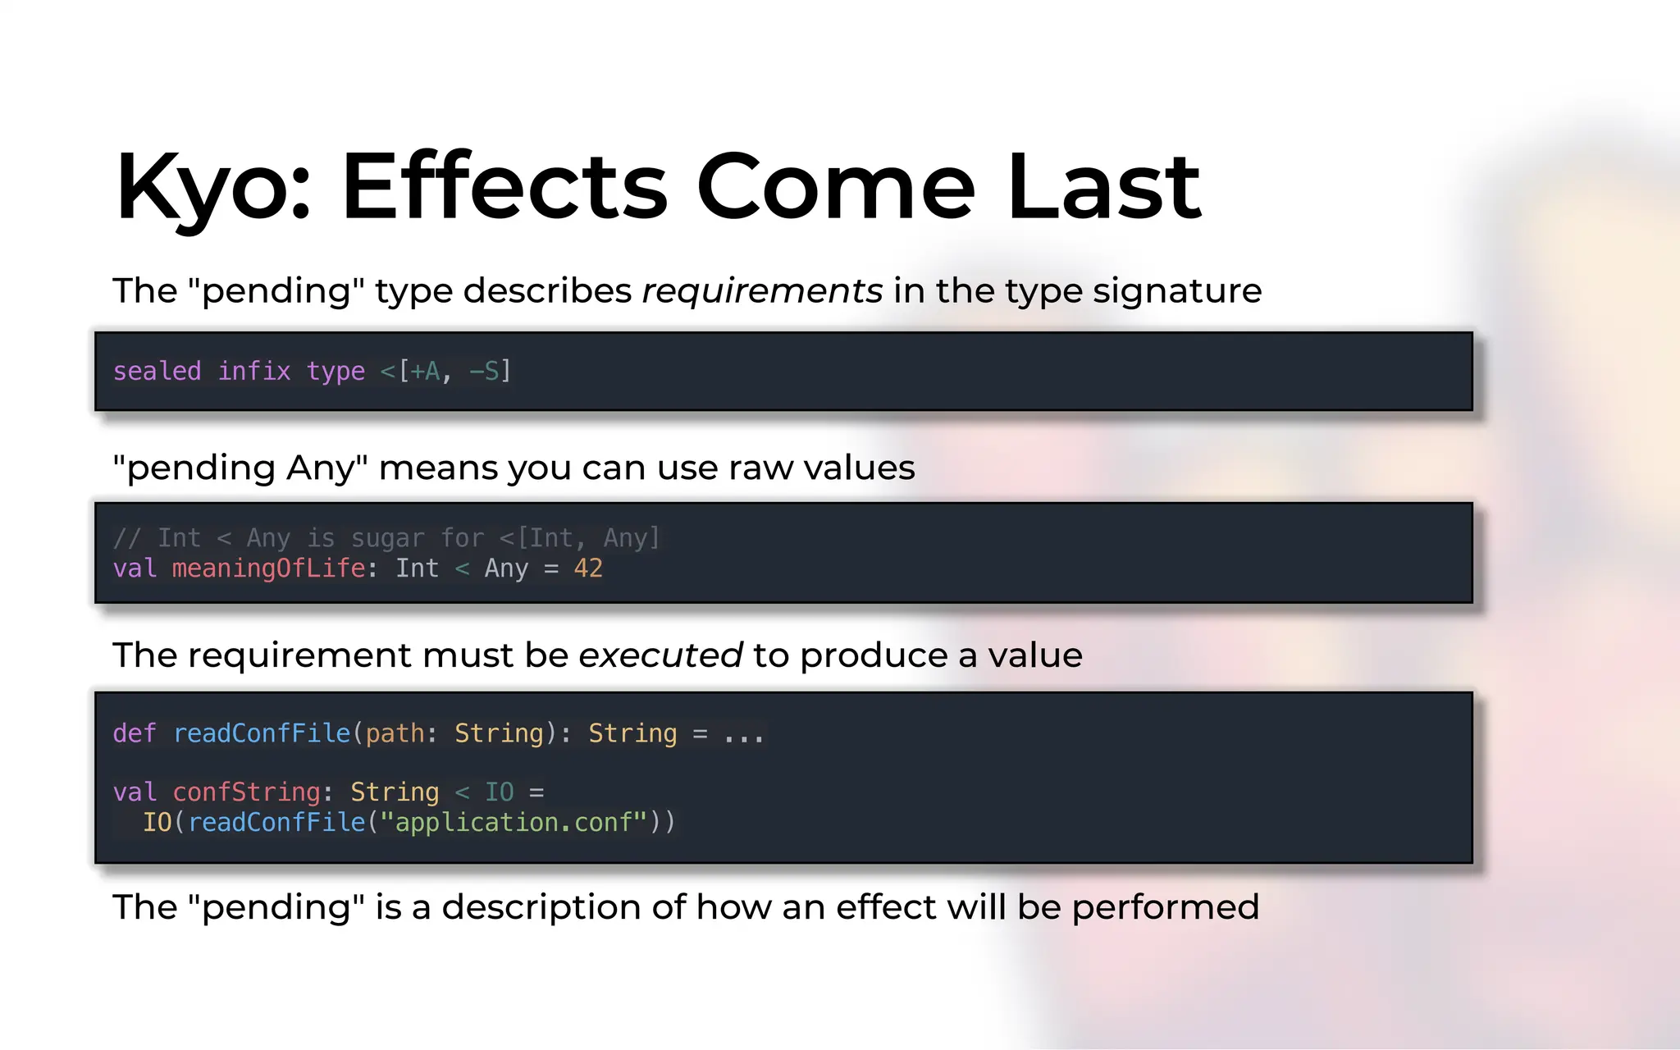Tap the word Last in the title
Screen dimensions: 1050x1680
pos(1103,187)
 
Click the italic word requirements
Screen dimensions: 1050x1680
pos(762,290)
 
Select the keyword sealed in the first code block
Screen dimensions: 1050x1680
pos(157,371)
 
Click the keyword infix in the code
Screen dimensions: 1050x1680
pos(254,371)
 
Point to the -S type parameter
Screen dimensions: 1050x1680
pos(484,371)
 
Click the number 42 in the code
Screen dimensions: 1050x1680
pos(588,568)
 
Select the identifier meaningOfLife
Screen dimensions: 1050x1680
pos(268,568)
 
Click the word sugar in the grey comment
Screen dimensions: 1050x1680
pos(387,538)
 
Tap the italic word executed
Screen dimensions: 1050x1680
pos(660,655)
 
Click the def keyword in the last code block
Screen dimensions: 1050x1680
pos(134,733)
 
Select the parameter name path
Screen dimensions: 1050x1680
pos(395,733)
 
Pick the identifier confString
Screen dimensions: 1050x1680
pos(246,792)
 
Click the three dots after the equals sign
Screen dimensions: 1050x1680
pos(743,734)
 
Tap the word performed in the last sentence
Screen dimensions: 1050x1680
pos(1165,907)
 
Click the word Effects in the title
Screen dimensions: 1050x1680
pos(504,187)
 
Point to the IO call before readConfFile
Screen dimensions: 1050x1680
pos(157,822)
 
